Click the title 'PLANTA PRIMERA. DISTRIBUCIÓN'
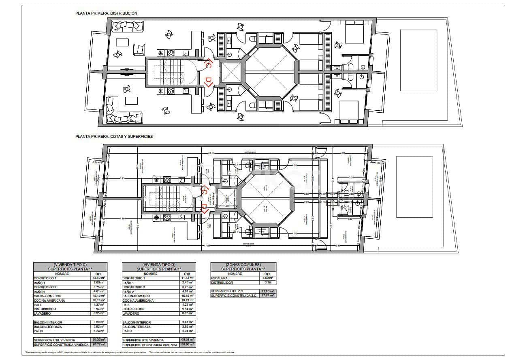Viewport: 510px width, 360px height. click(106, 13)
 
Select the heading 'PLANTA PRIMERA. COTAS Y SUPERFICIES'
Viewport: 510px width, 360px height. click(114, 137)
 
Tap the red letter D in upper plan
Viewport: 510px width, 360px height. click(209, 82)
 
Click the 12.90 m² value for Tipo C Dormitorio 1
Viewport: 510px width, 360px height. click(99, 278)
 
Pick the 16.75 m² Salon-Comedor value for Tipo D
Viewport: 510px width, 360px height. click(188, 296)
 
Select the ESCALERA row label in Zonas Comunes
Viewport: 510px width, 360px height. click(219, 278)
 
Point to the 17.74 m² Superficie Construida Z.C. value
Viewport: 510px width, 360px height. click(268, 296)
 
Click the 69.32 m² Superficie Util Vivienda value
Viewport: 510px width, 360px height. click(99, 340)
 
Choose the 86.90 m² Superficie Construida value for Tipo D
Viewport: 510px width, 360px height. click(188, 345)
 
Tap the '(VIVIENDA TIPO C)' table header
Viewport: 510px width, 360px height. click(70, 264)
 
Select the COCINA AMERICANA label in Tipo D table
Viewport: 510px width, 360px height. click(138, 300)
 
